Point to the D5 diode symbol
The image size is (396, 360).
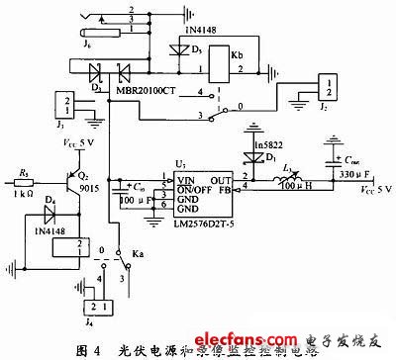[x=179, y=46]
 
